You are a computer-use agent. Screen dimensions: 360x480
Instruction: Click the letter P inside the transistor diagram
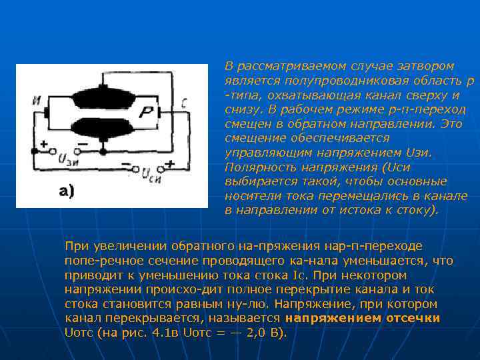(145, 114)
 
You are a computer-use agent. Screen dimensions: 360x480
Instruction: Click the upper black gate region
(103, 98)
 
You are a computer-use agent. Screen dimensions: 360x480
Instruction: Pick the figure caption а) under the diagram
(67, 192)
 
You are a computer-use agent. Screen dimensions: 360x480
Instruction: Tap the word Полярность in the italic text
(256, 167)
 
